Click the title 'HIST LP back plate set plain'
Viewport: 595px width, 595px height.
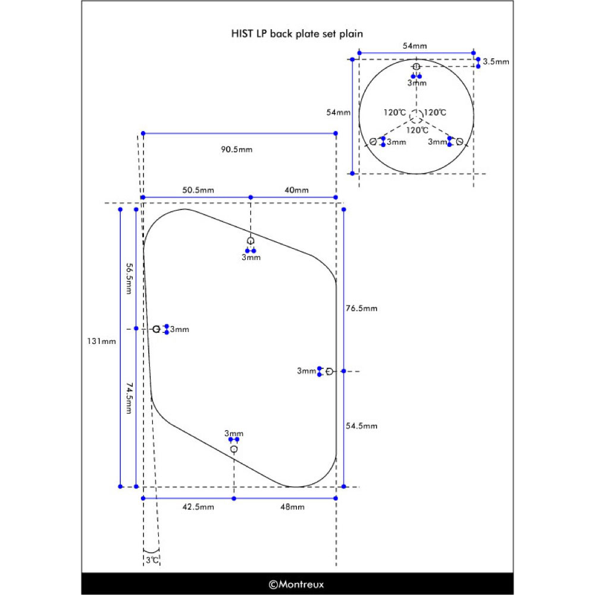pos(297,34)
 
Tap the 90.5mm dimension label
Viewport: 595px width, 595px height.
pos(237,149)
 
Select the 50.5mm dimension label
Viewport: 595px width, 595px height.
pos(198,190)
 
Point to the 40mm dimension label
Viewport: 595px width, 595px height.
pos(297,190)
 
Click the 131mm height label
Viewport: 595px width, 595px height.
pos(101,341)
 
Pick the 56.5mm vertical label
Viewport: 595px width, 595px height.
pos(129,279)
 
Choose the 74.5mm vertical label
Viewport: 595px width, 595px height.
pos(129,398)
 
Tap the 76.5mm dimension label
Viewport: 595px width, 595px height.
pos(362,308)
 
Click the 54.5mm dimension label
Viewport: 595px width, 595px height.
pos(362,426)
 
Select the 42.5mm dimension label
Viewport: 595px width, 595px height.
pos(198,507)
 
